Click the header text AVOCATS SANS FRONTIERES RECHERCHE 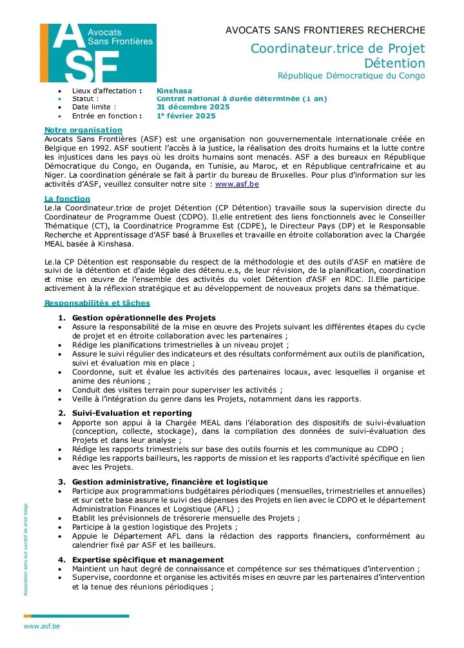[325, 30]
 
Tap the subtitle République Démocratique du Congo [351, 76]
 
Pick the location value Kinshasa [175, 91]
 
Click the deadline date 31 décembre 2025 [193, 107]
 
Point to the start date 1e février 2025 [186, 116]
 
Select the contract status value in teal [242, 99]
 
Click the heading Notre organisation [83, 130]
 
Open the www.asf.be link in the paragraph [237, 184]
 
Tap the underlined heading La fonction [67, 199]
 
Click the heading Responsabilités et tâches [97, 303]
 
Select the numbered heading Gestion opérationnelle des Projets [144, 318]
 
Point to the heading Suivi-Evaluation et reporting [132, 413]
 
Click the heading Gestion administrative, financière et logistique [169, 482]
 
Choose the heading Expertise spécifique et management [148, 560]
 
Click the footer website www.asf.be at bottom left [42, 625]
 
